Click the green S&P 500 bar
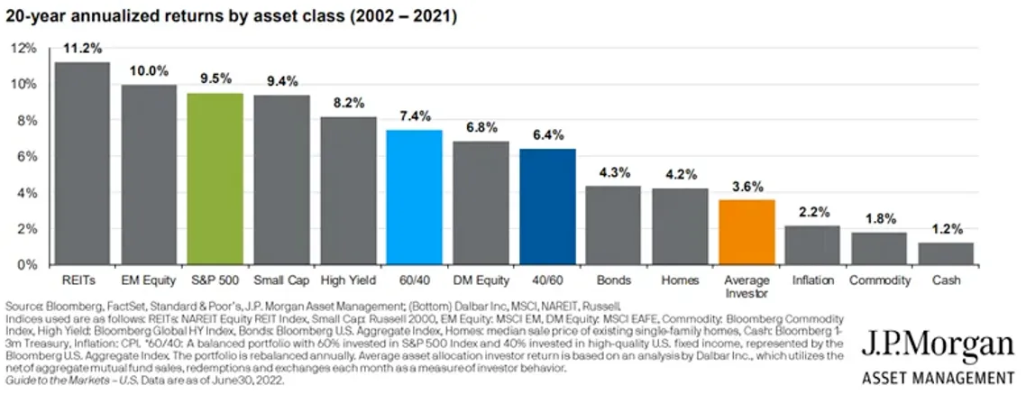pyautogui.click(x=215, y=179)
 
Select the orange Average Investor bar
pyautogui.click(x=747, y=233)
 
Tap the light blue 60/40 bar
pyautogui.click(x=414, y=197)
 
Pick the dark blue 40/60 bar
pyautogui.click(x=547, y=207)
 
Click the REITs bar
pyautogui.click(x=82, y=164)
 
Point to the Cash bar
pyautogui.click(x=946, y=254)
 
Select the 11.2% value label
pyautogui.click(x=82, y=48)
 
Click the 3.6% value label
pyautogui.click(x=747, y=186)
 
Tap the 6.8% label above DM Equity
pyautogui.click(x=481, y=127)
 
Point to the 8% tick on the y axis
pyautogui.click(x=28, y=121)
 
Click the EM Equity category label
pyautogui.click(x=149, y=280)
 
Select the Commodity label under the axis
pyautogui.click(x=879, y=280)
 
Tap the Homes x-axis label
pyautogui.click(x=680, y=280)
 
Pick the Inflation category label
pyautogui.click(x=813, y=280)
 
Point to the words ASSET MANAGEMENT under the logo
pyautogui.click(x=938, y=379)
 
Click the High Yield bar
pyautogui.click(x=347, y=191)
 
